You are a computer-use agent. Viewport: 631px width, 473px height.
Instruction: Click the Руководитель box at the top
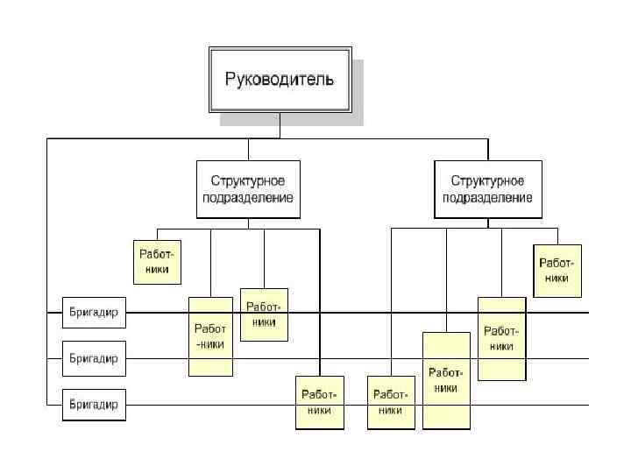pos(280,80)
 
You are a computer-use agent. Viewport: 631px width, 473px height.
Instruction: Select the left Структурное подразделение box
pos(248,189)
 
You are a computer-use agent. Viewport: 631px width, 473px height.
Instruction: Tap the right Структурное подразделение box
pos(488,189)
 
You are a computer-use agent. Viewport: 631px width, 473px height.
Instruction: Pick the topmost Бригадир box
pos(94,311)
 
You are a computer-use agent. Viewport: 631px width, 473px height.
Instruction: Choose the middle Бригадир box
pos(94,358)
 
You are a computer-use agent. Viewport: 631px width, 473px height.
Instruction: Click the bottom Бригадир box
pos(94,406)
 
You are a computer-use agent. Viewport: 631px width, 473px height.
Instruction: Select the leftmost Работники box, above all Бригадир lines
pos(157,262)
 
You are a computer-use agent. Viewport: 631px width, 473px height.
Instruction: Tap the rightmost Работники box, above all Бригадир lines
pos(557,270)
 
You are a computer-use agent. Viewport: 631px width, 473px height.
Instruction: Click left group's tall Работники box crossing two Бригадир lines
pos(210,336)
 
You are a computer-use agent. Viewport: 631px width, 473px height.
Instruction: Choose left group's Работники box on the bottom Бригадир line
pos(319,403)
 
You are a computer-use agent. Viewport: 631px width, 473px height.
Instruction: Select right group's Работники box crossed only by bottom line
pos(391,403)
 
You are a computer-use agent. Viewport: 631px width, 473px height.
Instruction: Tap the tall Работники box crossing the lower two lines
pos(445,380)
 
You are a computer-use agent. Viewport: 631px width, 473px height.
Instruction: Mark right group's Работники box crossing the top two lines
pos(501,338)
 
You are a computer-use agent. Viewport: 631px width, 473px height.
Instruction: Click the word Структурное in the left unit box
pos(248,180)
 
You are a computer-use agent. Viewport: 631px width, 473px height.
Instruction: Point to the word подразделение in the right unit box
pos(488,198)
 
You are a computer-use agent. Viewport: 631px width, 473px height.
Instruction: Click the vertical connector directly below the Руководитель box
pos(280,126)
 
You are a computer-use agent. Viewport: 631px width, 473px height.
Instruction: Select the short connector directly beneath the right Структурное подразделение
pos(488,222)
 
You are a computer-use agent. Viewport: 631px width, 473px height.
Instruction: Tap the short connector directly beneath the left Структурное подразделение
pos(248,222)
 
